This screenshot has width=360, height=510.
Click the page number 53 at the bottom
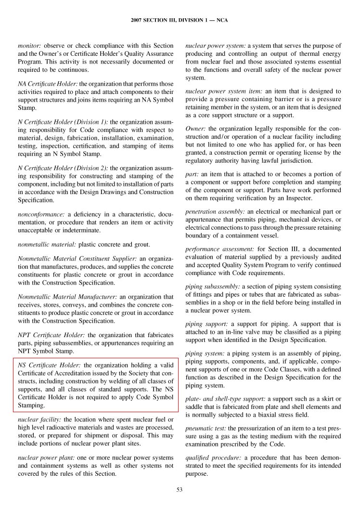180,490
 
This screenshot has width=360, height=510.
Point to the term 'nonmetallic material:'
47,244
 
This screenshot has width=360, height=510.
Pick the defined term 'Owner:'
195,129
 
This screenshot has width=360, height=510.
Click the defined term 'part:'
192,174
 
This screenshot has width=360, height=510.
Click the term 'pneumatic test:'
206,428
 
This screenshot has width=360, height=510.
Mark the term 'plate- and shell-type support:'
225,399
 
